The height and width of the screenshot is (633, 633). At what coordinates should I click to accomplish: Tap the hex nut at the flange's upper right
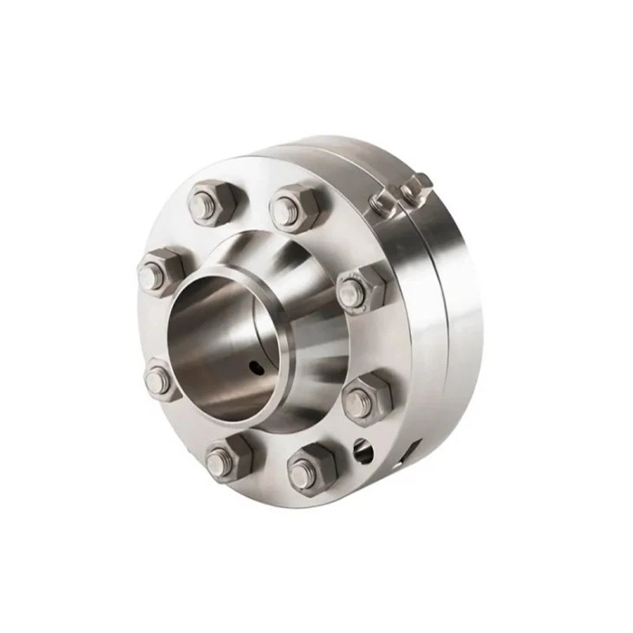pos(295,206)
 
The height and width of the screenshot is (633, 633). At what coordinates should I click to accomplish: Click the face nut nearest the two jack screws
pos(360,287)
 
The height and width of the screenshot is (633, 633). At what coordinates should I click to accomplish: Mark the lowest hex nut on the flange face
pos(310,468)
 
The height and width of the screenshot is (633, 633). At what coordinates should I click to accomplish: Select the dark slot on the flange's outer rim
pos(414,449)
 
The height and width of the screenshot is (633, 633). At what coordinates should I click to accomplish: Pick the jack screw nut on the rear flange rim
pos(417,184)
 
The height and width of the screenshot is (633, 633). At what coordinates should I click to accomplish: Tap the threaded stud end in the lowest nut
pos(302,473)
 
